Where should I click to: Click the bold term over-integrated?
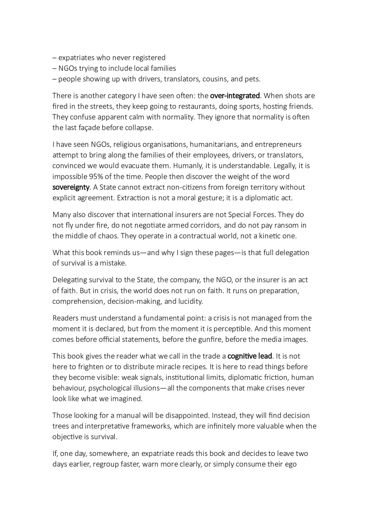pos(235,96)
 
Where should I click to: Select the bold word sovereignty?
pos(71,187)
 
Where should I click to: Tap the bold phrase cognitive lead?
pos(250,356)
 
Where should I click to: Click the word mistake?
pos(113,263)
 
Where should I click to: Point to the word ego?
pos(290,465)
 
